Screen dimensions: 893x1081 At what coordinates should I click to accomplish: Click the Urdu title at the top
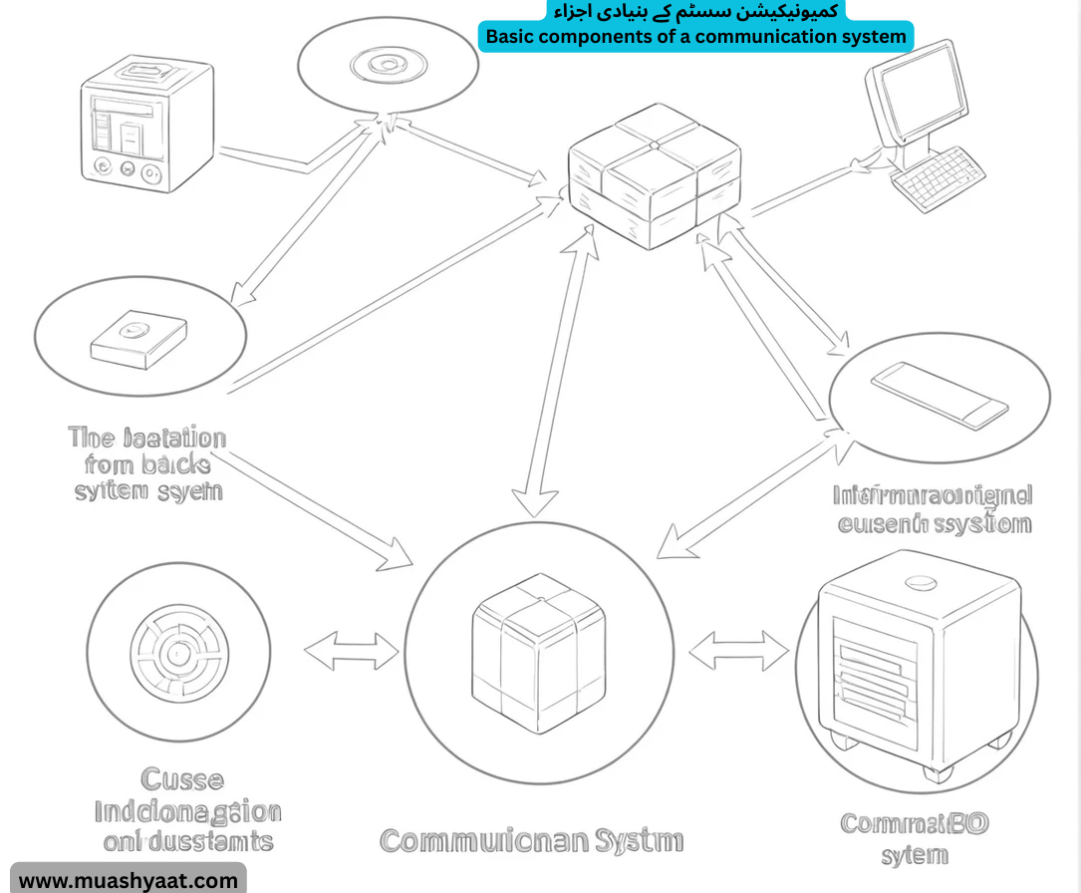tap(694, 10)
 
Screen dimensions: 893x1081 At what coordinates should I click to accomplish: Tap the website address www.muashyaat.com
tap(129, 880)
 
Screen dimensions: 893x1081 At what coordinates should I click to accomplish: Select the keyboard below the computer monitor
tap(937, 178)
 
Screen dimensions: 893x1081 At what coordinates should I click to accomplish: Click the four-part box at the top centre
tap(654, 176)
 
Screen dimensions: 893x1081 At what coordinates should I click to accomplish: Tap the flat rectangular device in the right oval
tap(940, 395)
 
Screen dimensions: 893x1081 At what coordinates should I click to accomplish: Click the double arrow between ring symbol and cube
tap(351, 652)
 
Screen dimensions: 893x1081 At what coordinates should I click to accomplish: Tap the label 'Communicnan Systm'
tap(531, 840)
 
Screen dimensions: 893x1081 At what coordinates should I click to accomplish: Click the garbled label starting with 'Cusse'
tap(187, 809)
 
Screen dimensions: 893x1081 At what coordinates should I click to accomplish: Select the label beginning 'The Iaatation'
tap(148, 463)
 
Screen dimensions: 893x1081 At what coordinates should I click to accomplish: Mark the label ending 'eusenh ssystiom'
tap(932, 508)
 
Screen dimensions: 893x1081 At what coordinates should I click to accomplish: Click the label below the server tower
tap(914, 839)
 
